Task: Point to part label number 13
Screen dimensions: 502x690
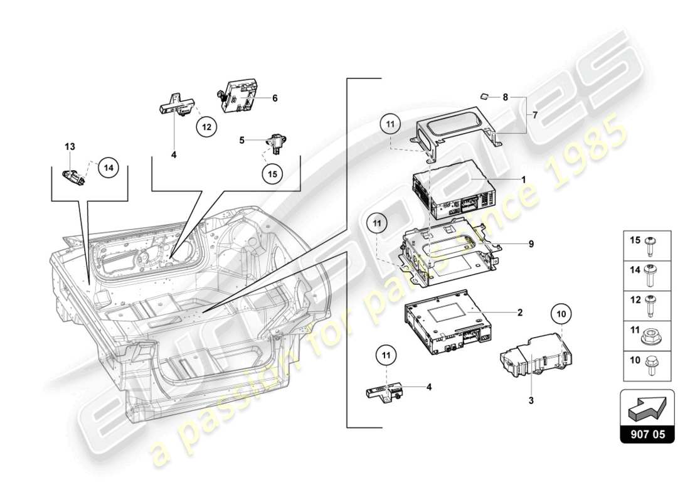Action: pos(70,146)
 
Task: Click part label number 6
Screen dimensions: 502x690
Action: pos(274,98)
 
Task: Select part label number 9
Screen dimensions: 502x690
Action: pos(530,244)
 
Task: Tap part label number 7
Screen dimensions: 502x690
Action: pos(535,115)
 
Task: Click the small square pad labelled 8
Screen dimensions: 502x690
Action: pos(484,96)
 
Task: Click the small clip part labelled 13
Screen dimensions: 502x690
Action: pos(74,176)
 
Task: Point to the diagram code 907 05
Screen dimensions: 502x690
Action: pos(647,433)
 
